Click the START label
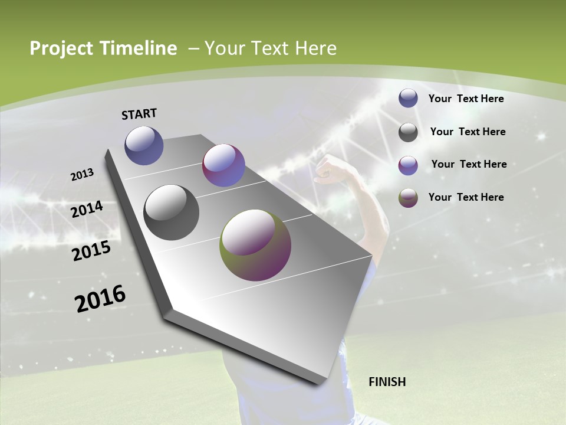[139, 113]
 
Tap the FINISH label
[387, 382]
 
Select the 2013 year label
[83, 174]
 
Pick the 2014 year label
[87, 210]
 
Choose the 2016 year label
[100, 298]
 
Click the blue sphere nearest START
[144, 145]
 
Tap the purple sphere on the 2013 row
[223, 165]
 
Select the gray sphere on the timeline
[172, 212]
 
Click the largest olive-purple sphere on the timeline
[255, 245]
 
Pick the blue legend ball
[408, 99]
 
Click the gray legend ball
[408, 132]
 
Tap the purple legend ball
[408, 165]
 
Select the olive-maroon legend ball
[408, 198]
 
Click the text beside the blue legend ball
[466, 99]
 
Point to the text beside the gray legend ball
[468, 132]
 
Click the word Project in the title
[61, 48]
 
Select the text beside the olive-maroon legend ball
[466, 197]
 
